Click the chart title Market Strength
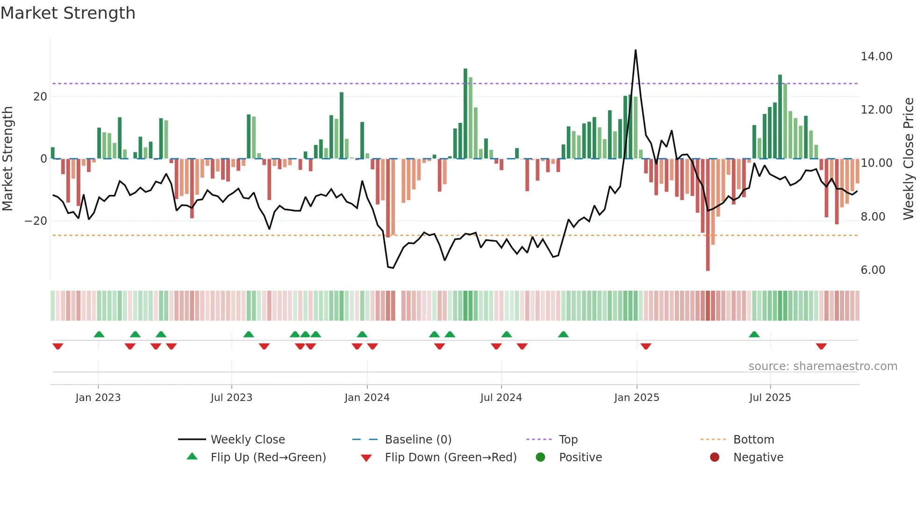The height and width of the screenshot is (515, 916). (68, 13)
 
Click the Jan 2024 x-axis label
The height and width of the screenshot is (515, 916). (367, 398)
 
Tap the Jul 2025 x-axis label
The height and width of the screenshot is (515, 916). (770, 398)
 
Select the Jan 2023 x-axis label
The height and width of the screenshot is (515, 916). (98, 398)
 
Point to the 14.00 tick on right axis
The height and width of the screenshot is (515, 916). (876, 57)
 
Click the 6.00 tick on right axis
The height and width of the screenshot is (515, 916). (873, 270)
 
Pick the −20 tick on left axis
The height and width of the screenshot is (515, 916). (36, 221)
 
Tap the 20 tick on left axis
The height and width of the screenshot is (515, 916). (40, 97)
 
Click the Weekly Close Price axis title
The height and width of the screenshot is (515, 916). (908, 159)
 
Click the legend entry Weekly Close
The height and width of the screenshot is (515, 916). (247, 440)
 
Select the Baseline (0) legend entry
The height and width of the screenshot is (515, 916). (418, 440)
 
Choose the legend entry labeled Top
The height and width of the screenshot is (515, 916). (568, 440)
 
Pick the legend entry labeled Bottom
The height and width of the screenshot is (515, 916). (753, 440)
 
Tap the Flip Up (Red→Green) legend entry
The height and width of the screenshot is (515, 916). (268, 458)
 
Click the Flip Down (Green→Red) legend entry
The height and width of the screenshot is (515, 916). (451, 458)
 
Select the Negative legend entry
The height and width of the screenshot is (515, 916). (758, 458)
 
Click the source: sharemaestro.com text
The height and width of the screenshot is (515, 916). (823, 366)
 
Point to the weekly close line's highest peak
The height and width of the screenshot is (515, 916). (636, 50)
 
